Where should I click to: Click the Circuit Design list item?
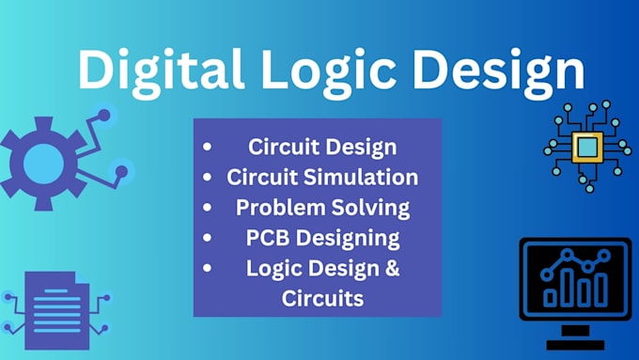point(322,147)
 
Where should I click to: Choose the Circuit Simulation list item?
point(322,177)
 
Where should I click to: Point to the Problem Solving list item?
point(322,207)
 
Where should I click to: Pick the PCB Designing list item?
point(319,237)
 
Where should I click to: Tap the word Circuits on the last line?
point(322,298)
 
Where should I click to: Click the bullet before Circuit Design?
point(206,148)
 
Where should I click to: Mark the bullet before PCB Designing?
point(206,238)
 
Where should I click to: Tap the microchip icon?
point(587,146)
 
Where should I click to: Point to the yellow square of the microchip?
point(587,146)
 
